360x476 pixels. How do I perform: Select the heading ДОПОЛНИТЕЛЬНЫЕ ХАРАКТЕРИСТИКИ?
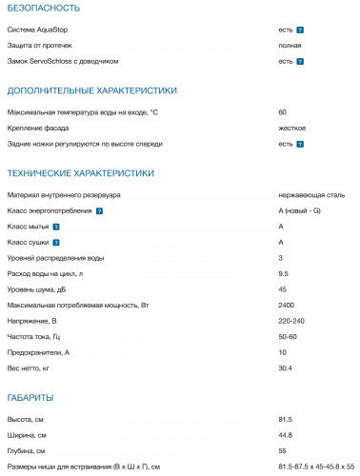click(x=91, y=90)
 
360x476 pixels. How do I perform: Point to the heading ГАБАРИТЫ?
click(x=30, y=396)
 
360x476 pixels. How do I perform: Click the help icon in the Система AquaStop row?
click(x=300, y=30)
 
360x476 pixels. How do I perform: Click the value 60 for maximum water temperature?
click(x=282, y=112)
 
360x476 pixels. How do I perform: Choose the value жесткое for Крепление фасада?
click(x=291, y=128)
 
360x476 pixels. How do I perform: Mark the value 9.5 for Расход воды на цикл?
click(x=283, y=274)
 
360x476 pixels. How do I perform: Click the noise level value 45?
click(x=282, y=289)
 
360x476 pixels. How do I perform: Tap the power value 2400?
click(x=286, y=306)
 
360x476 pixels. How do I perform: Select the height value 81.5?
click(x=285, y=419)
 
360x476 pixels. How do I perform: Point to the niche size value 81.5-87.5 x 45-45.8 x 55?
click(x=315, y=466)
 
